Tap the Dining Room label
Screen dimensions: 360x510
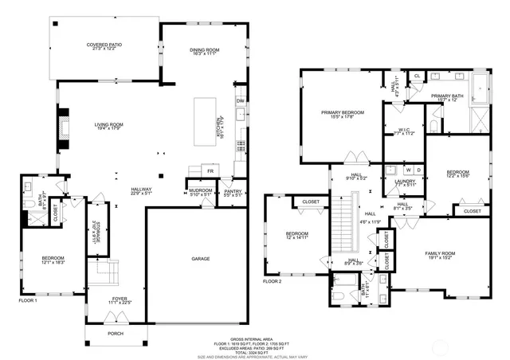tap(204, 53)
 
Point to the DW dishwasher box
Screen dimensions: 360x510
tap(239, 100)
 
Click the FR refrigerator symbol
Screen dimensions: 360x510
tap(211, 170)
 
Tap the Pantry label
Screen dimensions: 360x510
tap(233, 191)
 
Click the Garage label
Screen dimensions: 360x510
tap(200, 260)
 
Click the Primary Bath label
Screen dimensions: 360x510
tap(447, 98)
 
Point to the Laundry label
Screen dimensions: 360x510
tap(406, 183)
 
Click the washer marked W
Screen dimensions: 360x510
tap(407, 170)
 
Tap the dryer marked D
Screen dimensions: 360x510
tap(418, 170)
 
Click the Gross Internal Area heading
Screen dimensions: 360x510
tap(255, 338)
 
